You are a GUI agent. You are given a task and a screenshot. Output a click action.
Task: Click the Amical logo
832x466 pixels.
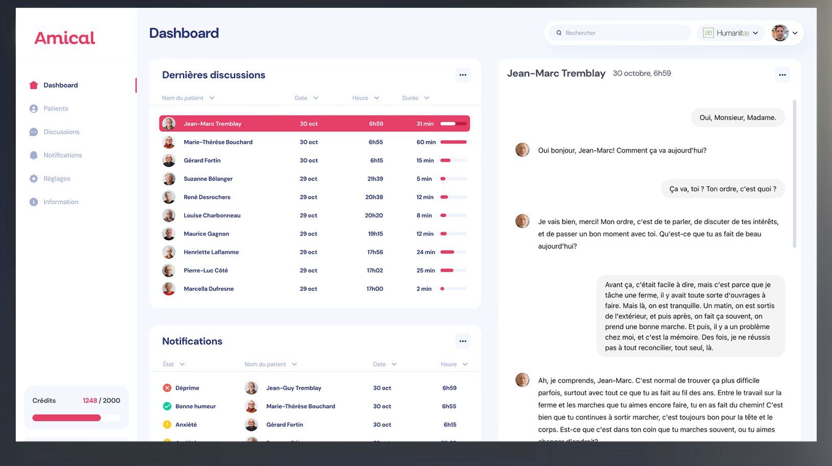pyautogui.click(x=64, y=38)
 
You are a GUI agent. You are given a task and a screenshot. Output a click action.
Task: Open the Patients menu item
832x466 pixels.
pyautogui.click(x=55, y=109)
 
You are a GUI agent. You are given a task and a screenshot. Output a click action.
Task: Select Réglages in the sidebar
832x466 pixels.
pyautogui.click(x=56, y=179)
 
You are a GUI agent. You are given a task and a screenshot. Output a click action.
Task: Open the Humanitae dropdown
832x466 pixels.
pyautogui.click(x=731, y=33)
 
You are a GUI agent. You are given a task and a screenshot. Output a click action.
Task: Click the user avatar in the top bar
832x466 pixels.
pyautogui.click(x=780, y=33)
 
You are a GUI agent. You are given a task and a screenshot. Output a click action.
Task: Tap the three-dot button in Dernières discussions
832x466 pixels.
pyautogui.click(x=463, y=75)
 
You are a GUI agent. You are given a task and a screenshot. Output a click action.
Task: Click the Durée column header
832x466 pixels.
pyautogui.click(x=415, y=98)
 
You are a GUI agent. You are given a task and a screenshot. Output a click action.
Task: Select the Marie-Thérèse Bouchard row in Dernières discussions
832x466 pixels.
pyautogui.click(x=218, y=142)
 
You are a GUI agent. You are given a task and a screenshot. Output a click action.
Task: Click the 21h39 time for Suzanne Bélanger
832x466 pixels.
pyautogui.click(x=375, y=179)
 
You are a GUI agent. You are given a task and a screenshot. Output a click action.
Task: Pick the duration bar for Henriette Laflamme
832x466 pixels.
pyautogui.click(x=453, y=252)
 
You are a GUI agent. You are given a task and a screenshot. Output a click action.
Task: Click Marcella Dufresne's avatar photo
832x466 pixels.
pyautogui.click(x=169, y=289)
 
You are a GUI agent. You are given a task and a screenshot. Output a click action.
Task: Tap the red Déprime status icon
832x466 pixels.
pyautogui.click(x=167, y=388)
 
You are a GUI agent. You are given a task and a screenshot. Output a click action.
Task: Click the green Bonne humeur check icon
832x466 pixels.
pyautogui.click(x=167, y=406)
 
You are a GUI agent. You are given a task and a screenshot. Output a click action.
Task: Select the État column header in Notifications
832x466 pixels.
pyautogui.click(x=173, y=364)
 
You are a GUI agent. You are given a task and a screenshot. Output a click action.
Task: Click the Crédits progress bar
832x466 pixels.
pyautogui.click(x=76, y=418)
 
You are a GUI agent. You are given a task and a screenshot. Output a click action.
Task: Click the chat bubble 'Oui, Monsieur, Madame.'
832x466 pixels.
pyautogui.click(x=738, y=117)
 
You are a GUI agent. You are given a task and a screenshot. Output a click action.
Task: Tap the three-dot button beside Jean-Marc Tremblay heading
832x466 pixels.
pyautogui.click(x=782, y=75)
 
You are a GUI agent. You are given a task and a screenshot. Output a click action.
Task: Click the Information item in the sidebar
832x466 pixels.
pyautogui.click(x=60, y=202)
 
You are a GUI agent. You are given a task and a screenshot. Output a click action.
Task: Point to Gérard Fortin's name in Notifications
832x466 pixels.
pyautogui.click(x=284, y=425)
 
